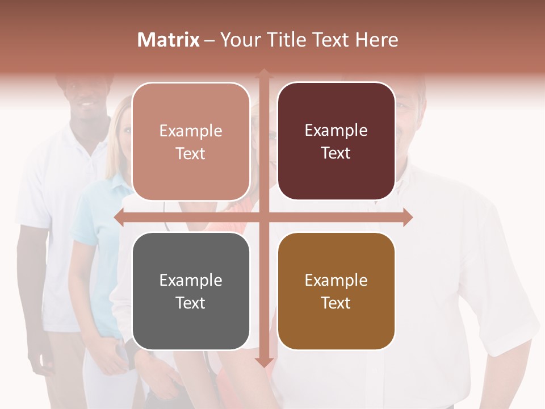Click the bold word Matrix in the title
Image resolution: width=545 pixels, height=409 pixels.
168,40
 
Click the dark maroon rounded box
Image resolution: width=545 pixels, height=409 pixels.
336,141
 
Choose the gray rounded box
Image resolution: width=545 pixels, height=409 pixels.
191,291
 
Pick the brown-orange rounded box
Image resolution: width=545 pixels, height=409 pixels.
336,291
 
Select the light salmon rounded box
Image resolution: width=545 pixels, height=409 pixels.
191,141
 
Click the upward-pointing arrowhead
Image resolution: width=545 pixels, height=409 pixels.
264,74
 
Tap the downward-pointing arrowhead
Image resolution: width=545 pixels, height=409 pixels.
264,362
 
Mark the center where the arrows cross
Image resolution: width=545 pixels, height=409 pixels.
264,218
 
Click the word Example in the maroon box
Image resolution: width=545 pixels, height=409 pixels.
336,131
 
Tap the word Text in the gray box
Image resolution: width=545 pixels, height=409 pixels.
191,303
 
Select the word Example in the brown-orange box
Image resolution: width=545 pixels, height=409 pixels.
336,280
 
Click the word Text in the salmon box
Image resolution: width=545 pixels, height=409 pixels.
191,153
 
